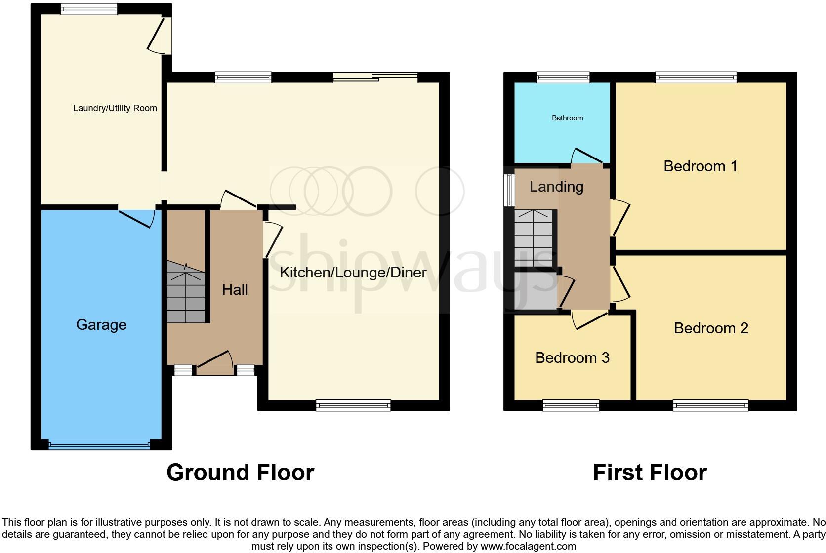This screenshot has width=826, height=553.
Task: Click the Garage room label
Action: click(x=101, y=325)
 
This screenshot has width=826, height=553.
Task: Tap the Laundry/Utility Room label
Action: click(x=115, y=108)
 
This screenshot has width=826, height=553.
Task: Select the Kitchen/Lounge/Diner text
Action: click(x=353, y=273)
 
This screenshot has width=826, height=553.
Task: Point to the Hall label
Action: click(x=235, y=290)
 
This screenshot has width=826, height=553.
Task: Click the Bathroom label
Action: click(x=567, y=118)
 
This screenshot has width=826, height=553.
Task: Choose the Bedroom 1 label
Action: click(x=700, y=166)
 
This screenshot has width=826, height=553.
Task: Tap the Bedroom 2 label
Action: click(x=711, y=328)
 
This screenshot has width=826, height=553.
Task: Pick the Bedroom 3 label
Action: click(x=572, y=358)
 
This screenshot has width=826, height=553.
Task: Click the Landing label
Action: click(x=556, y=187)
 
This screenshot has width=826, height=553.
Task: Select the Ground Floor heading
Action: click(x=240, y=473)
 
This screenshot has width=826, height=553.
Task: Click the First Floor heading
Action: click(x=650, y=473)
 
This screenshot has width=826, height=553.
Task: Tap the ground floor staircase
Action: click(x=186, y=292)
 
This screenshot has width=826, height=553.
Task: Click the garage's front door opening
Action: click(x=99, y=445)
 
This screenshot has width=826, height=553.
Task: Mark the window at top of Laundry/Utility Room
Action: click(x=89, y=8)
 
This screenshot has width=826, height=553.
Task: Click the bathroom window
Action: click(x=563, y=77)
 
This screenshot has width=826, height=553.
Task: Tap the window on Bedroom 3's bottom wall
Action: click(x=571, y=406)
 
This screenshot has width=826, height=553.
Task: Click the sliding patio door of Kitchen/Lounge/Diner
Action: click(x=375, y=77)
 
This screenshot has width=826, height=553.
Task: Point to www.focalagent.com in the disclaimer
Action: click(x=528, y=546)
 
